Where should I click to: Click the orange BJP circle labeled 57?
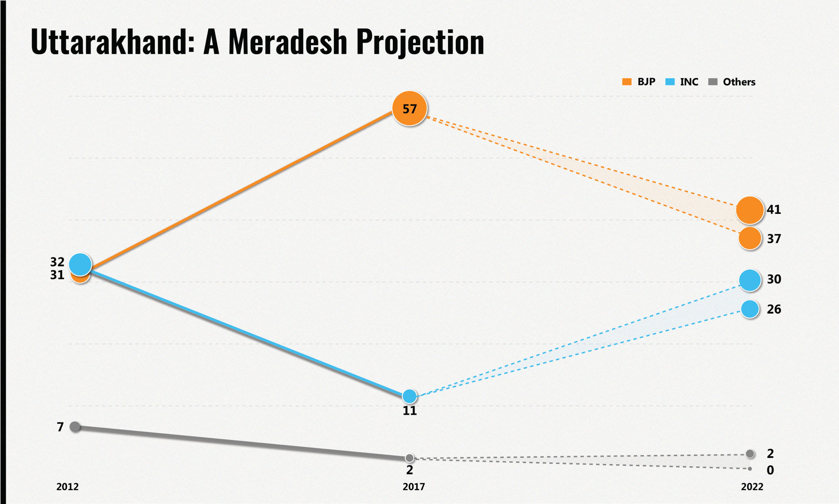click(409, 108)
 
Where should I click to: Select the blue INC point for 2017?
click(409, 396)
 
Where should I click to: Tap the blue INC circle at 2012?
click(80, 264)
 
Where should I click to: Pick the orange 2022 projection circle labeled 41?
click(750, 210)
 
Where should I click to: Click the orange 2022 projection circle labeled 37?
click(750, 238)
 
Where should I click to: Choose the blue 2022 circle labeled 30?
click(750, 280)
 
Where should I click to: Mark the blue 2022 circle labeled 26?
click(750, 309)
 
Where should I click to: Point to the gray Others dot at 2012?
click(75, 427)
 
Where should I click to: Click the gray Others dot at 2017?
click(409, 458)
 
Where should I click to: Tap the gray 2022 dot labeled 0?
click(750, 469)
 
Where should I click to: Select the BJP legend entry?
click(639, 82)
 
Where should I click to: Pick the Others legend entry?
click(732, 82)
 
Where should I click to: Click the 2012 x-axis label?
click(67, 487)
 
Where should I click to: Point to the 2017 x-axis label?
click(413, 487)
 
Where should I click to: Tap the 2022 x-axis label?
click(752, 487)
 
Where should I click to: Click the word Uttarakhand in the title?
click(112, 43)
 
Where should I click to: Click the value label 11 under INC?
click(409, 411)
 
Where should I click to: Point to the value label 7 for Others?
click(60, 427)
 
